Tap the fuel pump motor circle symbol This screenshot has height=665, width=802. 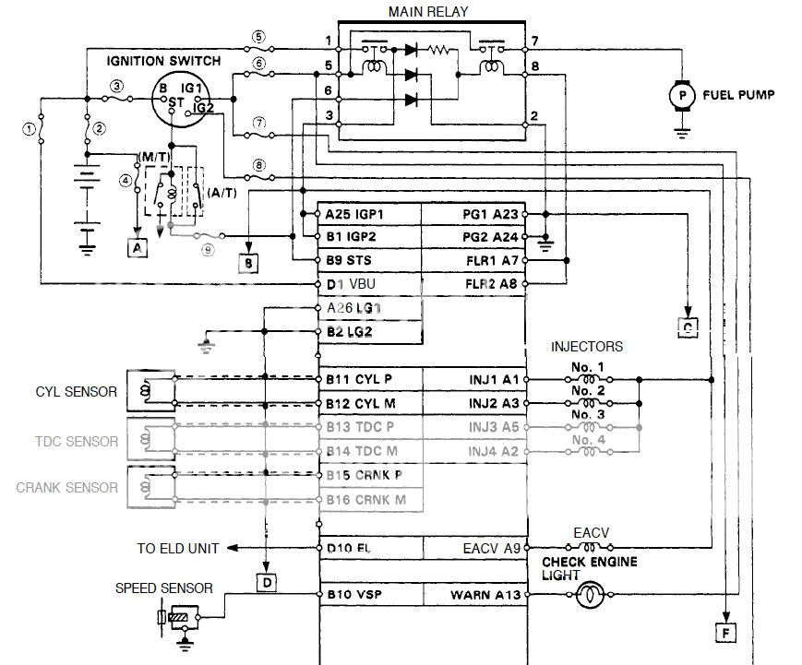682,95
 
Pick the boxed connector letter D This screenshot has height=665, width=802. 264,582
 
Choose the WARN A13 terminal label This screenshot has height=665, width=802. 485,595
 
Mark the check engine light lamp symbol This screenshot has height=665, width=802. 588,596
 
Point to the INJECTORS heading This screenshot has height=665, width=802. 586,347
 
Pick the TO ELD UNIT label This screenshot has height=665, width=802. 178,548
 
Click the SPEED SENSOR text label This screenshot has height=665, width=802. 163,588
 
